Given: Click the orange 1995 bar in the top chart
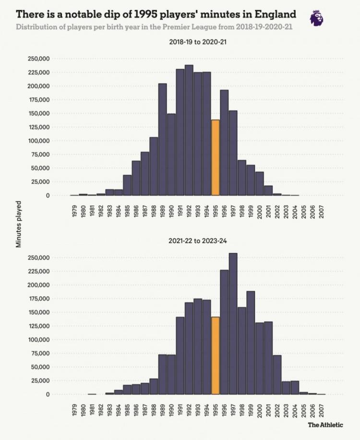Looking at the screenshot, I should [x=216, y=158].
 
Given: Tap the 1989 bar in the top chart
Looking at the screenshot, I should [x=163, y=139].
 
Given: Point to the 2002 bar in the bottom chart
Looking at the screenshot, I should [x=277, y=375].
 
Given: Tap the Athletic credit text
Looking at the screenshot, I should [x=325, y=425].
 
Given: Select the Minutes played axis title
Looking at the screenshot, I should [x=19, y=224].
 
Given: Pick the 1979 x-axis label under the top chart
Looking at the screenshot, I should [x=74, y=212].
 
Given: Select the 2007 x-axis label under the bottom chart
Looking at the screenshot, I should [x=321, y=410].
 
